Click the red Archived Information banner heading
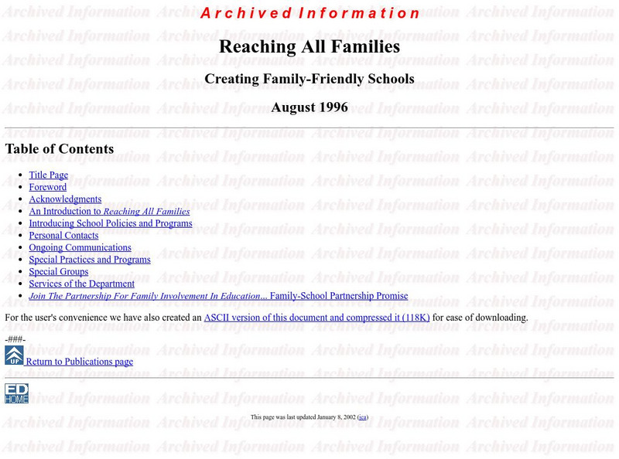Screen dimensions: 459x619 [309, 13]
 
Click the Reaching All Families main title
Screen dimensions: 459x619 [309, 46]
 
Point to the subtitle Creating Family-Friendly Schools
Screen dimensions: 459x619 [309, 79]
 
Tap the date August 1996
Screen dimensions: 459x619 [309, 107]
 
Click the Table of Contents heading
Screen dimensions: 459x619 [60, 149]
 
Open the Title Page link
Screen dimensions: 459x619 [49, 175]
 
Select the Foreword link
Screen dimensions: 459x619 [48, 187]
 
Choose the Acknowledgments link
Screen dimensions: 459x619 [65, 199]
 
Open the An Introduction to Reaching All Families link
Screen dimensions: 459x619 [109, 211]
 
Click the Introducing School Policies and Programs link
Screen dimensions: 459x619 [111, 223]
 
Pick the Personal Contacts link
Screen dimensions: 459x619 [63, 236]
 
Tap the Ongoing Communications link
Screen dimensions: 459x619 [80, 248]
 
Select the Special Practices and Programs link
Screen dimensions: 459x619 [90, 260]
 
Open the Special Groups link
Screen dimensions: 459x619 [59, 272]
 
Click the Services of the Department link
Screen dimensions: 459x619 [81, 284]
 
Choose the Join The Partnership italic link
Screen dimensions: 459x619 [149, 296]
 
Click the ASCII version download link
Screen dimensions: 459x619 [316, 318]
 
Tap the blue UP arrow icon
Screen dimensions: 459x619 [14, 355]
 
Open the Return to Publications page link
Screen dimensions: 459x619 [79, 362]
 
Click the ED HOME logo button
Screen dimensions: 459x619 [16, 393]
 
